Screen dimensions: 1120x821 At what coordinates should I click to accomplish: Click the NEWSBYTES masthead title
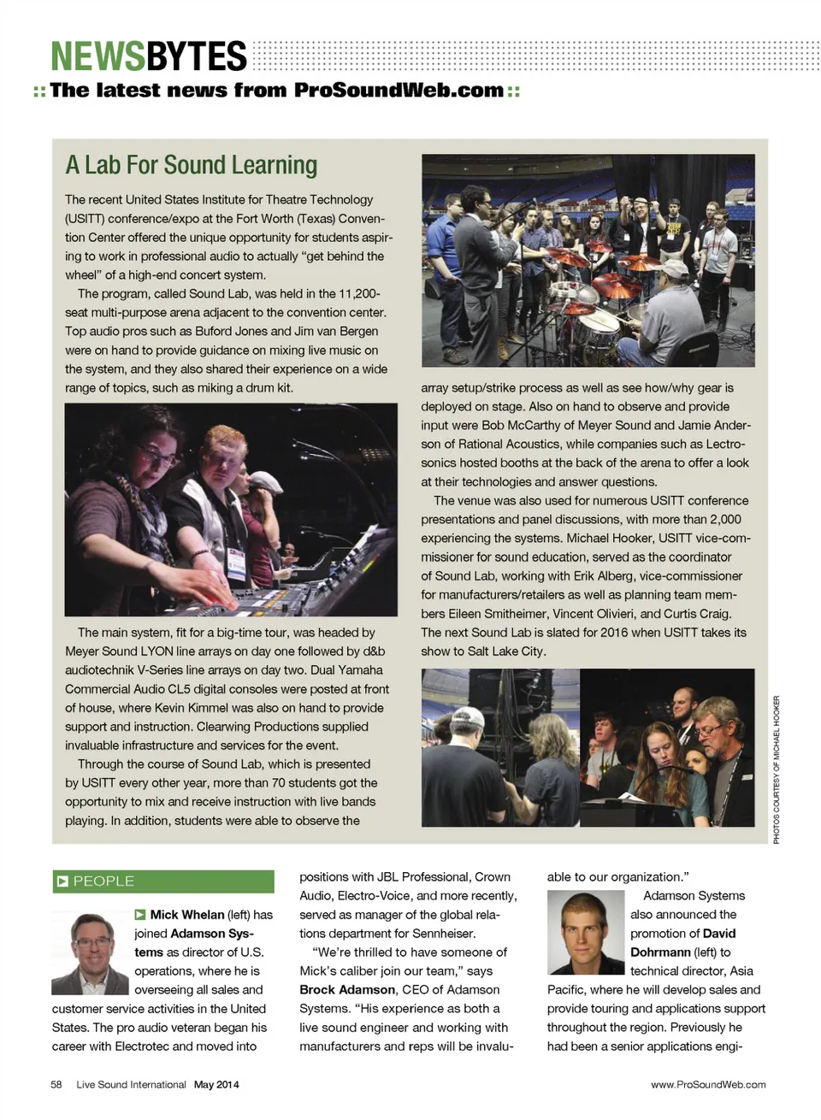(x=148, y=57)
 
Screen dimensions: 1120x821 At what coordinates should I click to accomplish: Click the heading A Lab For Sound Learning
(x=191, y=165)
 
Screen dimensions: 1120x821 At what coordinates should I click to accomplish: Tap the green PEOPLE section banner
(x=163, y=881)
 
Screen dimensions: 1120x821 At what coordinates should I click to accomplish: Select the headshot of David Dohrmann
(x=585, y=932)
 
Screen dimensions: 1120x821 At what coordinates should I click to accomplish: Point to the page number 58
(x=56, y=1085)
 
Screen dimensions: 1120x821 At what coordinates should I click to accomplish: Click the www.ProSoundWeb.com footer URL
(x=708, y=1085)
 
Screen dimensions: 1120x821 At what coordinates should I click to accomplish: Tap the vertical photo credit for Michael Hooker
(x=777, y=769)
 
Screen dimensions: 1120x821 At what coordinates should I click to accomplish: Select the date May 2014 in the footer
(x=216, y=1085)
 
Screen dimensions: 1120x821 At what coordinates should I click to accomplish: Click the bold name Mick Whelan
(x=187, y=915)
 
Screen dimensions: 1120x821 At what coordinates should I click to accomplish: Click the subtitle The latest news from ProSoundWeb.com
(x=276, y=91)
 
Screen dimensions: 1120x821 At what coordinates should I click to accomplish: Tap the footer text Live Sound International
(x=131, y=1085)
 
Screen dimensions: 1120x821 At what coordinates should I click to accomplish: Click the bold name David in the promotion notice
(x=718, y=934)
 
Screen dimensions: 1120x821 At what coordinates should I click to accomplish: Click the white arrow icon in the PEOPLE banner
(x=62, y=881)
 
